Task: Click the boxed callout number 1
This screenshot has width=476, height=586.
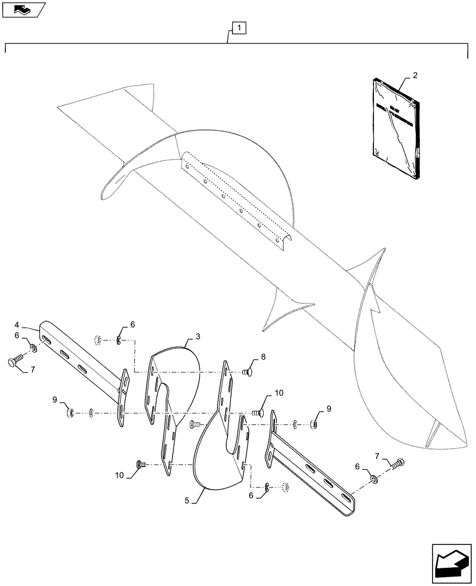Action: point(239,27)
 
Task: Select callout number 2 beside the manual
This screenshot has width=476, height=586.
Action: point(415,76)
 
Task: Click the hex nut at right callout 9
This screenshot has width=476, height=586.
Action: point(314,422)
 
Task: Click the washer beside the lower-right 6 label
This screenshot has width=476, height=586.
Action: point(373,479)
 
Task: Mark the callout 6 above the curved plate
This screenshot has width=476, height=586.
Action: point(132,324)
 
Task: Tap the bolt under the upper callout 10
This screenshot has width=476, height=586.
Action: point(259,413)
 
